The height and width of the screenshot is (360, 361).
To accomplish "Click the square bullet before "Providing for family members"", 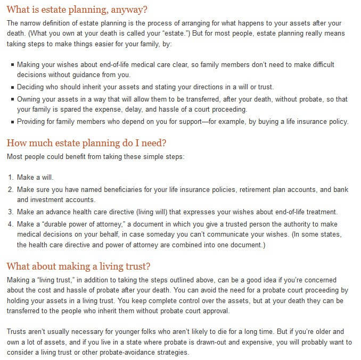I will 12,122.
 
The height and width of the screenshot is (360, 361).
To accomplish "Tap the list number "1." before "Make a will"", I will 11,178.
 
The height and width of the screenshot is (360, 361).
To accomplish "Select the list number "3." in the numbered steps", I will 11,211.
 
